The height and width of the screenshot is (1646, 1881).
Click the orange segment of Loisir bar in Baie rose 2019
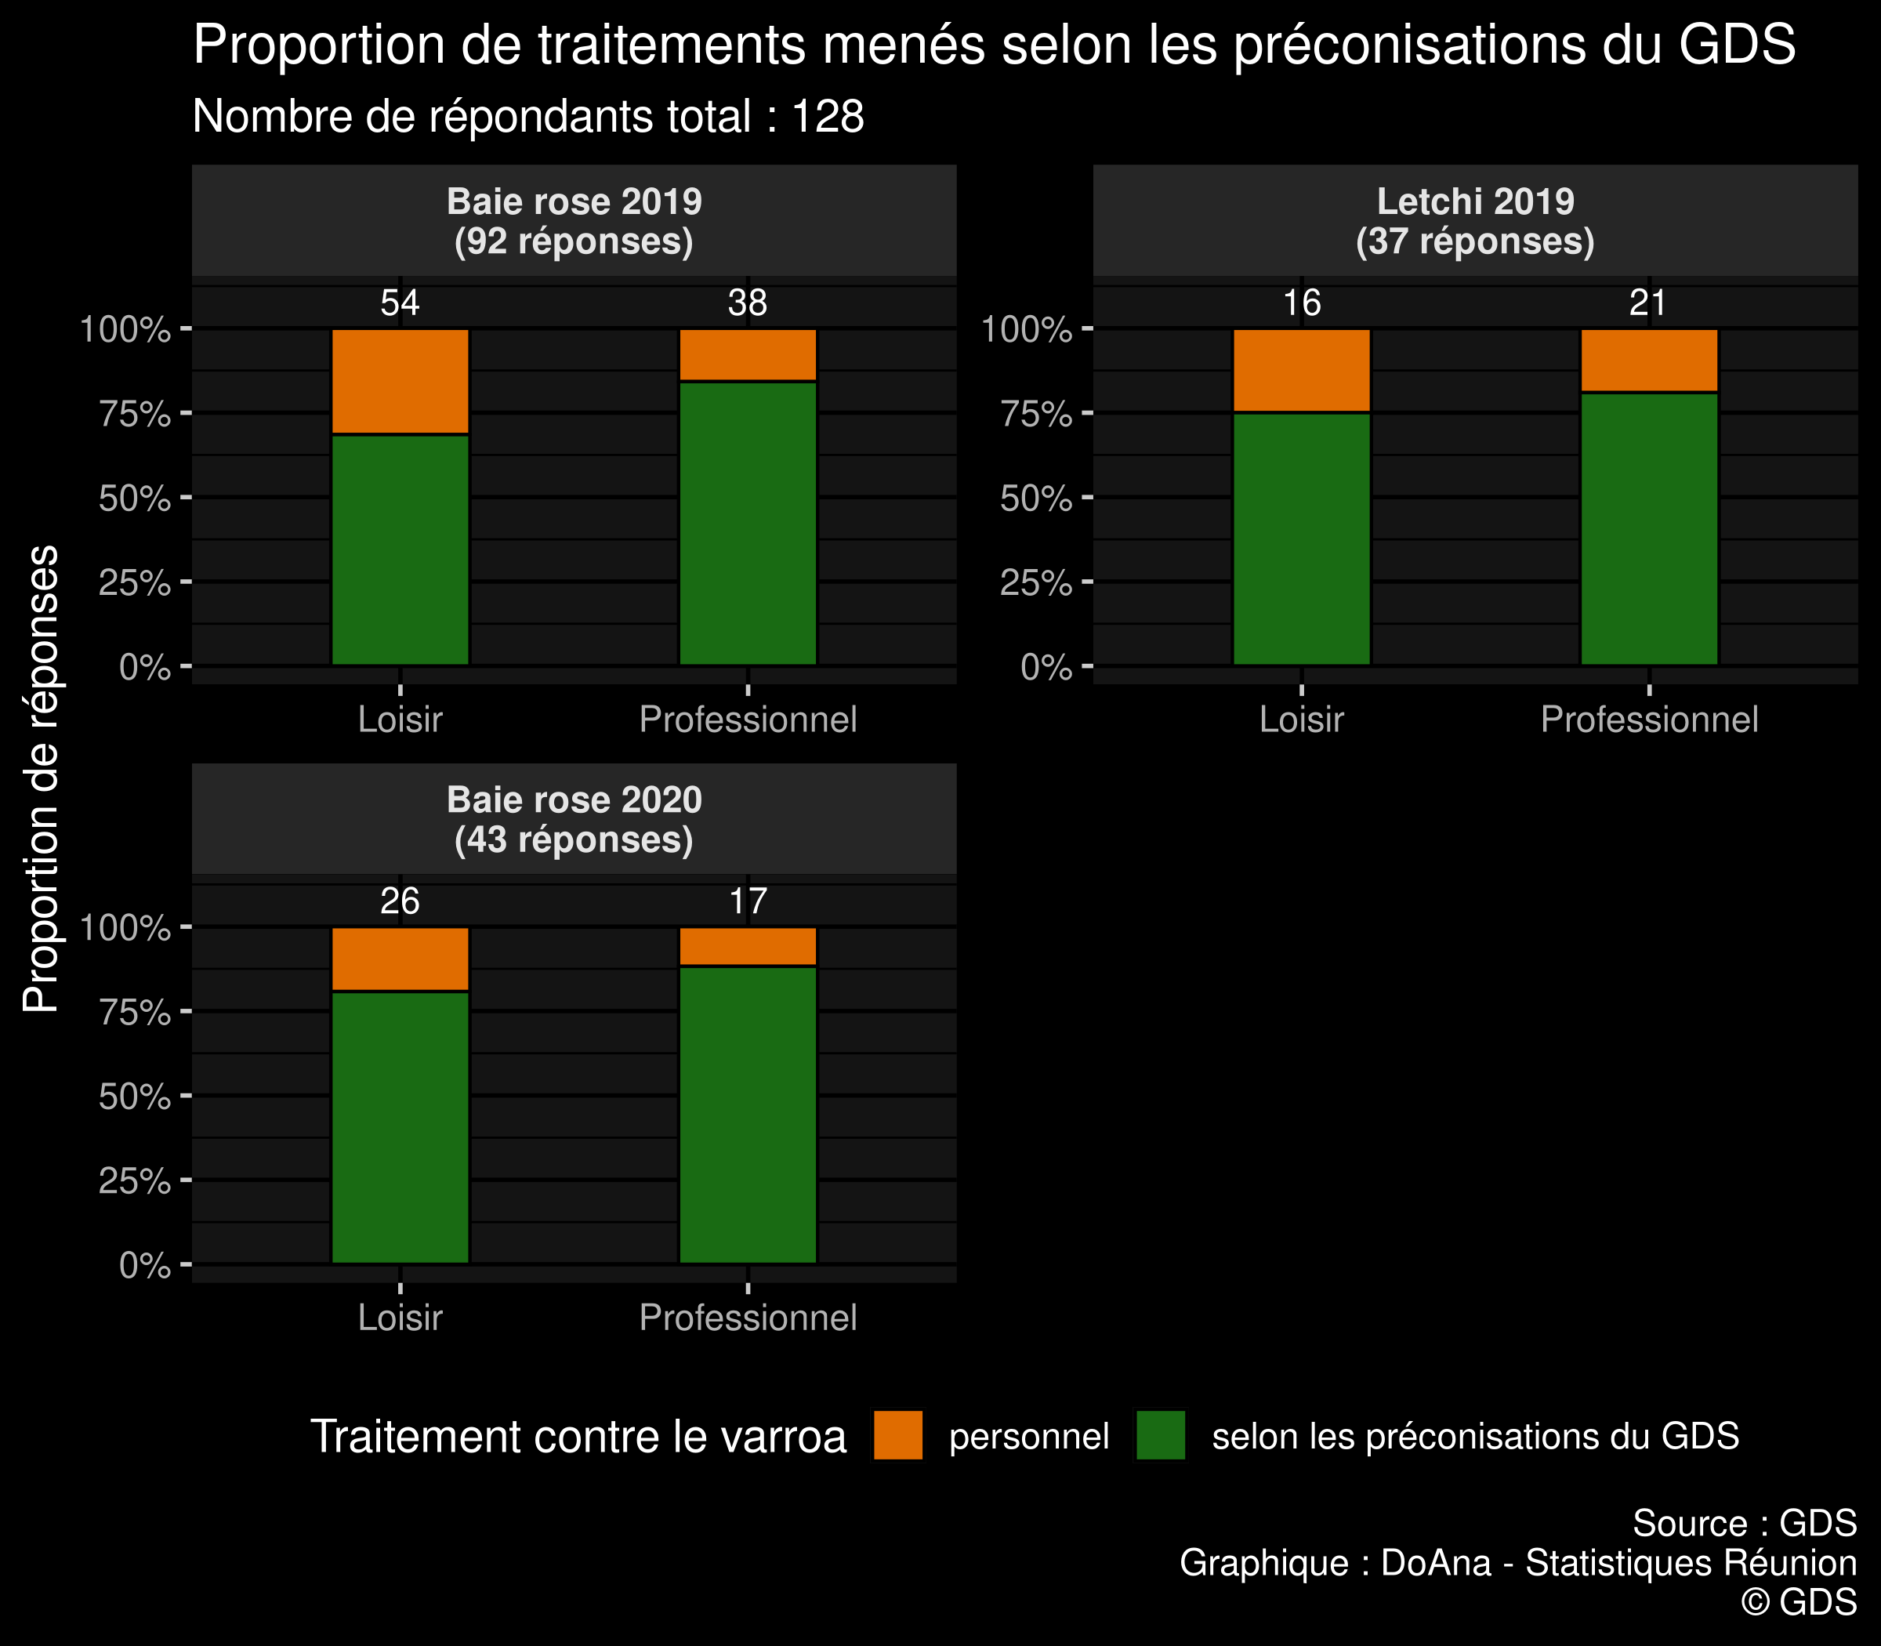(400, 380)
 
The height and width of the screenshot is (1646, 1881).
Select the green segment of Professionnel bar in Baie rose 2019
(748, 523)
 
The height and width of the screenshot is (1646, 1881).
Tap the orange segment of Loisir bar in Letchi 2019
(1302, 370)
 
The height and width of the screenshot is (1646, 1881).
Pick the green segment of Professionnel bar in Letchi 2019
(1649, 528)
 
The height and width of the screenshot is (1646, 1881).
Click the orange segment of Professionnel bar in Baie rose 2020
(748, 946)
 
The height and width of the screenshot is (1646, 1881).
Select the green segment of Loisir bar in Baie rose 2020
(400, 1127)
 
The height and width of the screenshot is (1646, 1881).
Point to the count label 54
(400, 303)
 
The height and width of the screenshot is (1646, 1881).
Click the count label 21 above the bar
(1649, 303)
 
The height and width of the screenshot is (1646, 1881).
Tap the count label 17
(748, 902)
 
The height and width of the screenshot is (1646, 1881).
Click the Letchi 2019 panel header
(1475, 220)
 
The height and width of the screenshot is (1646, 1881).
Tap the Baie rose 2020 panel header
(574, 819)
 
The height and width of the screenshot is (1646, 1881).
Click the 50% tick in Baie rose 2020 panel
(135, 1097)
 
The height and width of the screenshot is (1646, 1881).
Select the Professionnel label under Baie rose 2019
(748, 720)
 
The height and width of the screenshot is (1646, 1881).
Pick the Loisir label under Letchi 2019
(1302, 720)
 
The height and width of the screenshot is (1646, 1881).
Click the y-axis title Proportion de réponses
(41, 778)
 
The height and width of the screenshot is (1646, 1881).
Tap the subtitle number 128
(828, 118)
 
